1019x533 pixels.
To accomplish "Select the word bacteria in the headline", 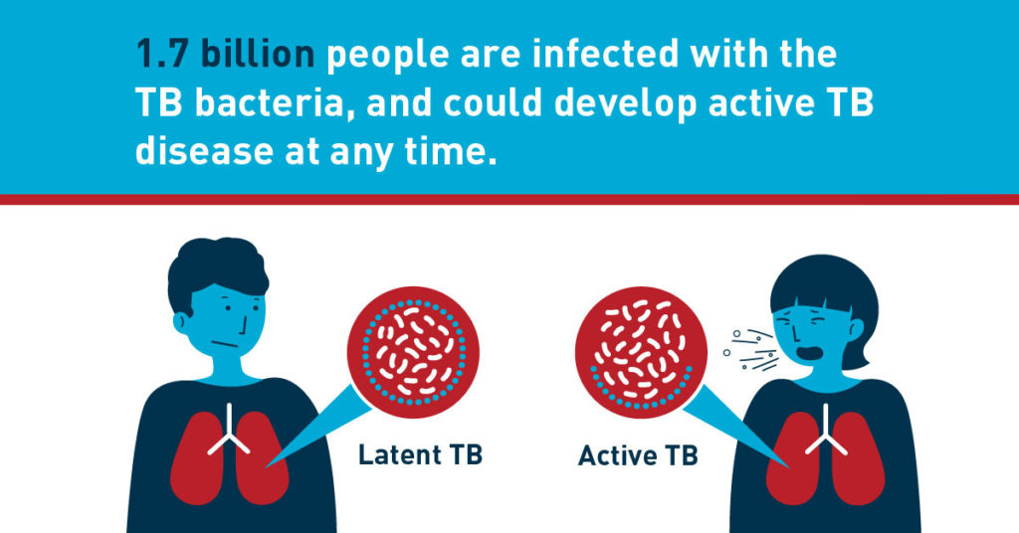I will (260, 103).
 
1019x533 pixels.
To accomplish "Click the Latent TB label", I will (420, 456).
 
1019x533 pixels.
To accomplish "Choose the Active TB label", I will (638, 456).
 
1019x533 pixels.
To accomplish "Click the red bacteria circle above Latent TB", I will (412, 350).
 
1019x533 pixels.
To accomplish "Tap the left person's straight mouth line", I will (228, 345).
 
